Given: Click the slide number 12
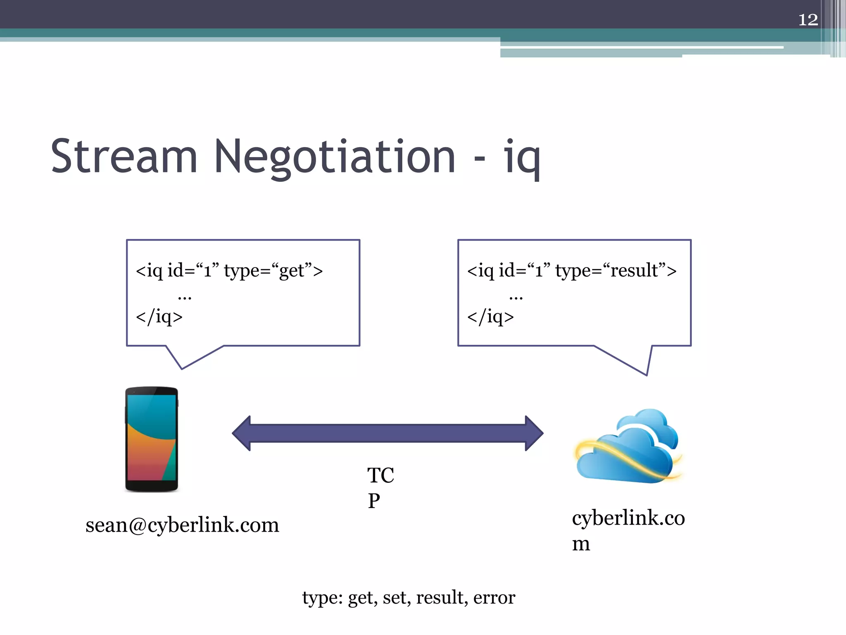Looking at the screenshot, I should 808,19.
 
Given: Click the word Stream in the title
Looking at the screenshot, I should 124,157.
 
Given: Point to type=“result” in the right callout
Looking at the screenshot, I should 615,271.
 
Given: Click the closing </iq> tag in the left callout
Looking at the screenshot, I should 159,317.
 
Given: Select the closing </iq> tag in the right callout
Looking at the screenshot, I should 490,317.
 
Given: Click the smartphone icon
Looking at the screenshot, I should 152,439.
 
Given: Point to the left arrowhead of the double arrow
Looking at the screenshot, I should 242,433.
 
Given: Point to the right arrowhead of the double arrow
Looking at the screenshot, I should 534,433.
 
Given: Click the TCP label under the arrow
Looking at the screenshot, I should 380,487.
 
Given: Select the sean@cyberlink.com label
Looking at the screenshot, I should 182,525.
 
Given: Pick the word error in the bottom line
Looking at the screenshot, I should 494,597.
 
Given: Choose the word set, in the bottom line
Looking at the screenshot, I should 397,597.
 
